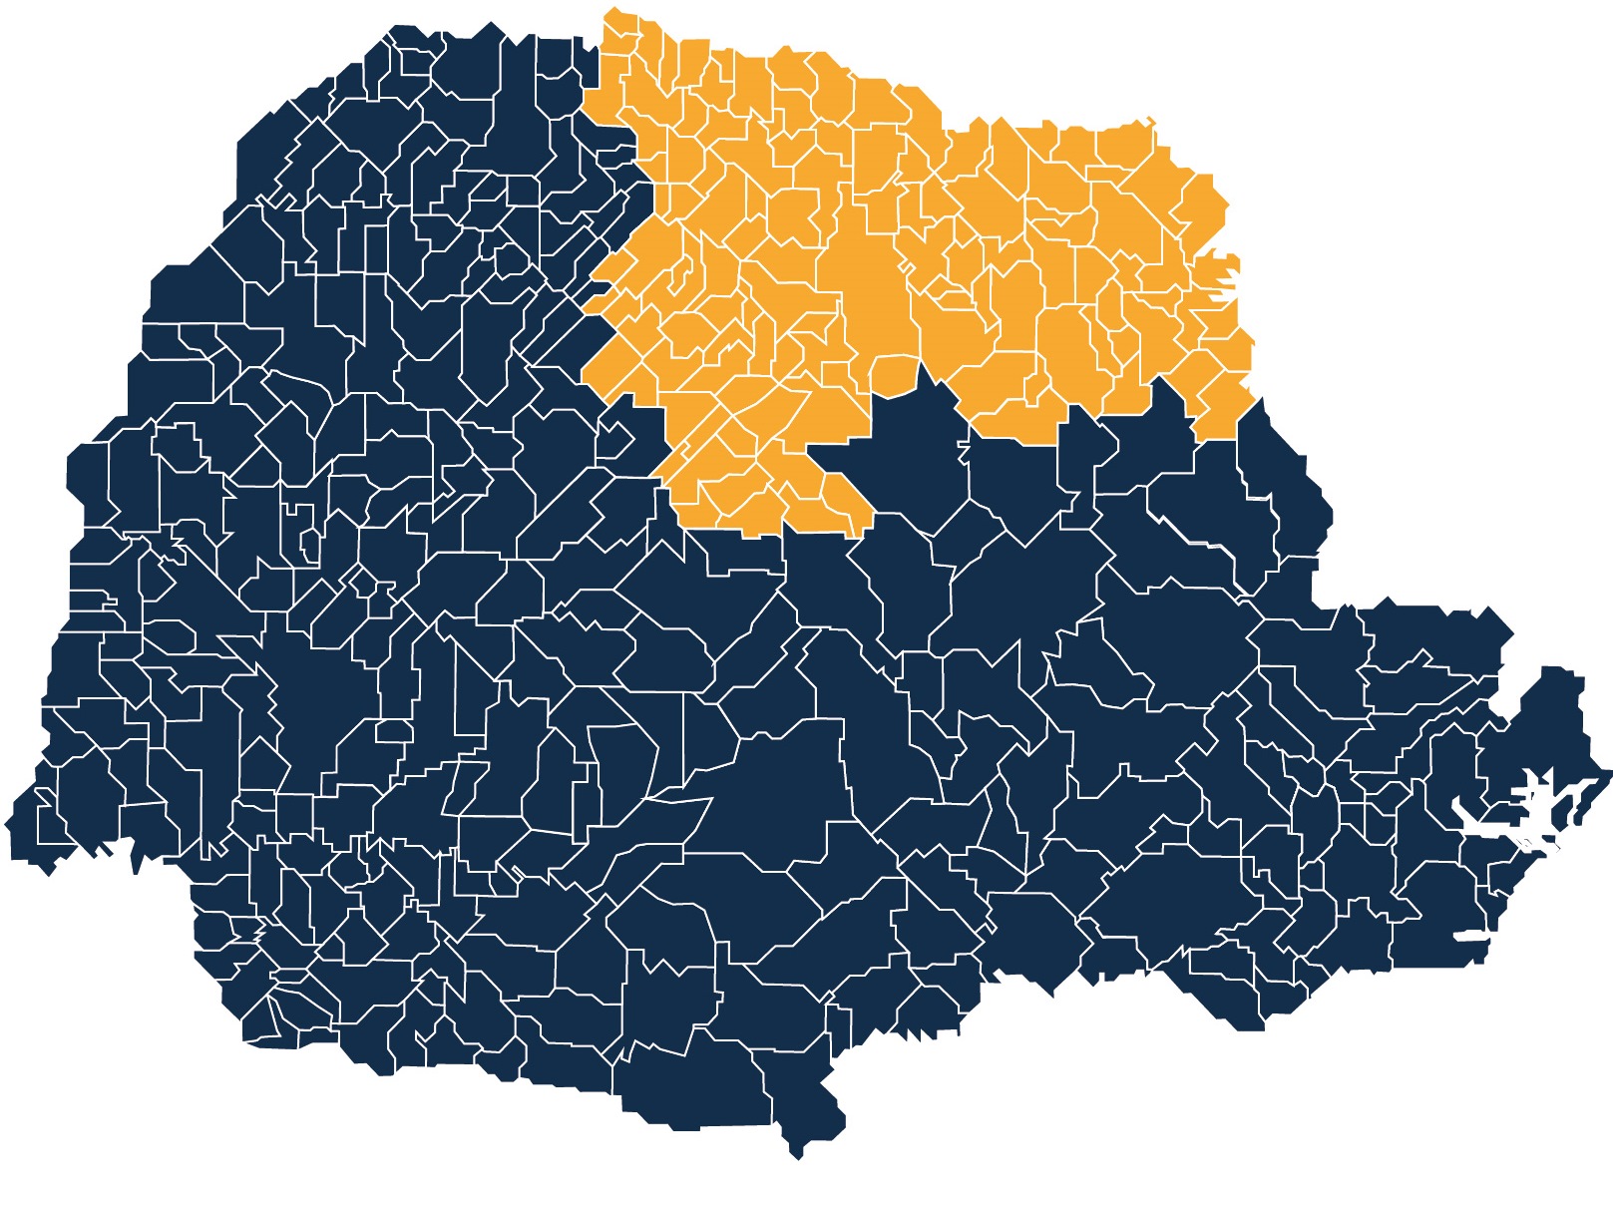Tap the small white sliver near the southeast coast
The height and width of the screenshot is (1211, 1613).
click(1471, 936)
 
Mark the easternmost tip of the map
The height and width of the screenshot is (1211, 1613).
click(1610, 771)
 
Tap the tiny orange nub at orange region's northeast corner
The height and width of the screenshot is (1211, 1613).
click(1150, 121)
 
